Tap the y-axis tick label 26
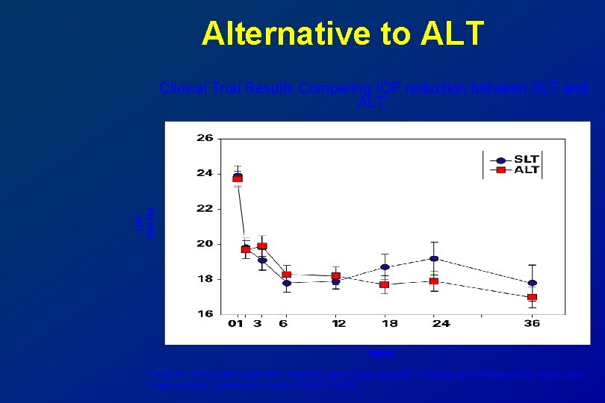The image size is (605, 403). (205, 138)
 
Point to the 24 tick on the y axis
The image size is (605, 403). (205, 173)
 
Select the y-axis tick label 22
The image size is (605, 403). (205, 208)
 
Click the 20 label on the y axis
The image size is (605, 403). (205, 243)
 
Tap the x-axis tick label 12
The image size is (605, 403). (338, 324)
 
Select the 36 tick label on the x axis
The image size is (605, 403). (532, 324)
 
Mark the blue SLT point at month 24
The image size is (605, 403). (434, 258)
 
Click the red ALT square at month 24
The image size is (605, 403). (434, 281)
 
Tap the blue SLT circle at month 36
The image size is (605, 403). (532, 283)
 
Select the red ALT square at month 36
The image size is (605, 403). (532, 297)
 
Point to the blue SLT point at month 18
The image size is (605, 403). (385, 266)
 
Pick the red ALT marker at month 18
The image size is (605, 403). (385, 284)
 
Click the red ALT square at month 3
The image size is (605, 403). (262, 246)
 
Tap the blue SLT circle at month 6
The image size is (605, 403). (286, 283)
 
